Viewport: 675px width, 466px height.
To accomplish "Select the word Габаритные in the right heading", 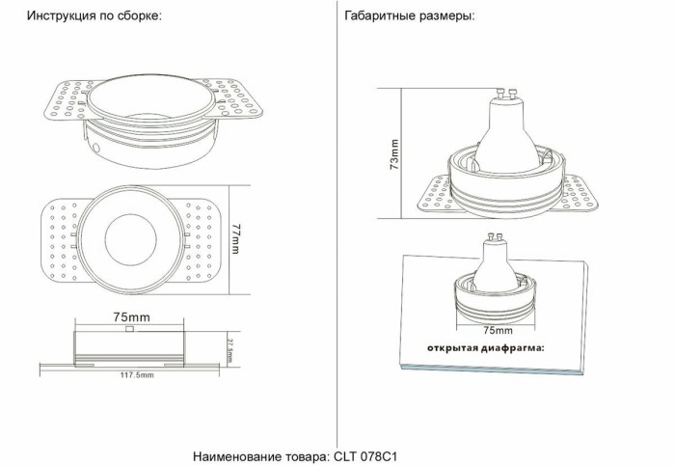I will pyautogui.click(x=377, y=17).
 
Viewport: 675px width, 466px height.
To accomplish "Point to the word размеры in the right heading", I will pyautogui.click(x=445, y=17).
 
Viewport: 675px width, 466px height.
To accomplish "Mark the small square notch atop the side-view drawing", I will pyautogui.click(x=130, y=328).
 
